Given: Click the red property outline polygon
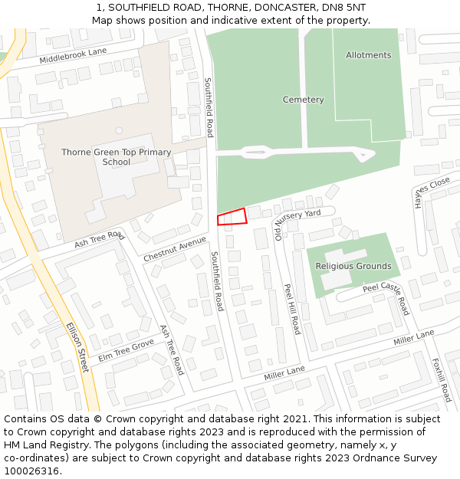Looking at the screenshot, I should tap(232, 217).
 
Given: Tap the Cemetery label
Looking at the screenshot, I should tap(303, 100).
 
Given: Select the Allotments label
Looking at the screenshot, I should tap(368, 55).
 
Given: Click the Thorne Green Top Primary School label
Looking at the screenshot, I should tap(117, 157).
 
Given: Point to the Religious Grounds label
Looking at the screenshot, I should tap(353, 267).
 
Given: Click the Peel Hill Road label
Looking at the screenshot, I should tap(292, 309).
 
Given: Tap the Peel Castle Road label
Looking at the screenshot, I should tap(387, 298).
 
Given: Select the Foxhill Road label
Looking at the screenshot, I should tap(441, 380).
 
